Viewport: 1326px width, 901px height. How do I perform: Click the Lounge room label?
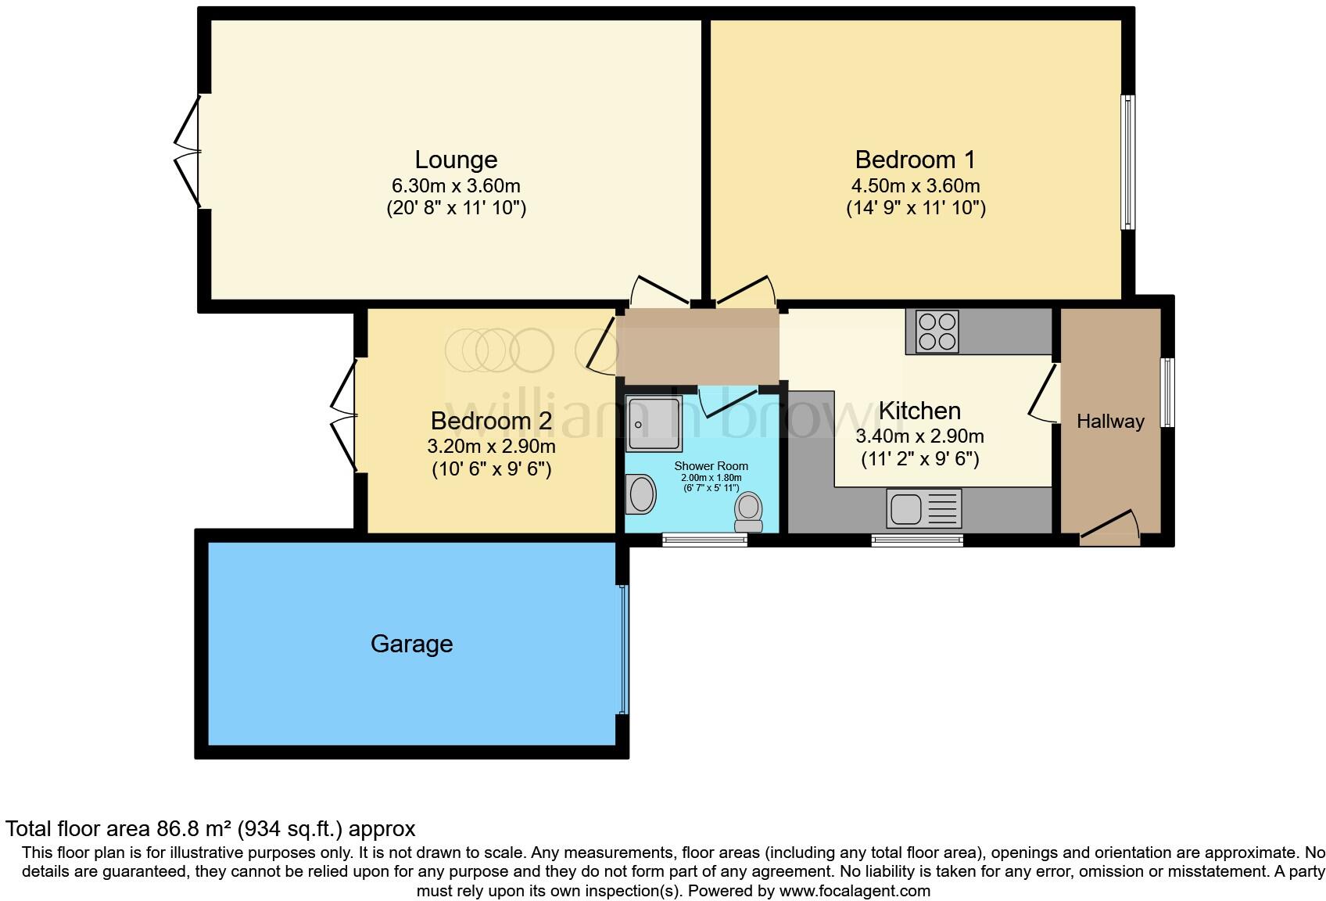(456, 160)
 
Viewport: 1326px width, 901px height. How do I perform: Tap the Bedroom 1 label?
(915, 160)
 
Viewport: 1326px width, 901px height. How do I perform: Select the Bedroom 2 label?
(491, 421)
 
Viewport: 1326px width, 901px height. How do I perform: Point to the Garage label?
(411, 644)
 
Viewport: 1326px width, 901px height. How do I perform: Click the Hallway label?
(1110, 422)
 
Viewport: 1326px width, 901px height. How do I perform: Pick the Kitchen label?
(919, 411)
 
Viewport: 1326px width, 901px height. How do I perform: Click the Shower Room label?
(711, 466)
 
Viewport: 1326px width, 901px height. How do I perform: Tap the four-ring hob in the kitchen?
(937, 332)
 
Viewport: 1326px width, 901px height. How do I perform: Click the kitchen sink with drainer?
(924, 508)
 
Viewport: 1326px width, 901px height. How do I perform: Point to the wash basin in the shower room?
(642, 495)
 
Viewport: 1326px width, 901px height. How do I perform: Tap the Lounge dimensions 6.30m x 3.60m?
(456, 186)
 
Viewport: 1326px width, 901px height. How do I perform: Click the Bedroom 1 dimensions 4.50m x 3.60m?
(915, 186)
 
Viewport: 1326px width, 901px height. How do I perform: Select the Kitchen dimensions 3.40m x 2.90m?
(919, 436)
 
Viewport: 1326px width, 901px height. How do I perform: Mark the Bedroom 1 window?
(1128, 162)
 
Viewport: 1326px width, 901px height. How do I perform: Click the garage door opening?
(623, 649)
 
